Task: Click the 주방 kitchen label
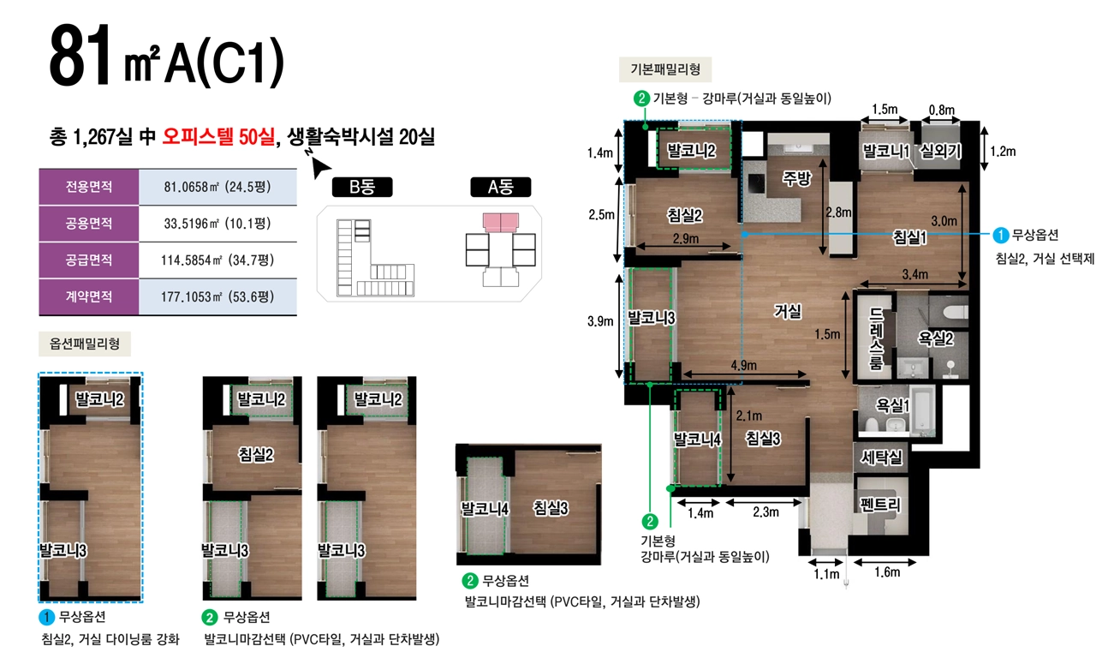tap(797, 177)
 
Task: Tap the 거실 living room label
tap(788, 311)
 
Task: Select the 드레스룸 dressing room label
tap(876, 338)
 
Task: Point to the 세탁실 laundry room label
tap(881, 457)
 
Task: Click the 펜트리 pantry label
tap(880, 504)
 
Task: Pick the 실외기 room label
tap(940, 151)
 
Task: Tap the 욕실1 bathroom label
tap(892, 404)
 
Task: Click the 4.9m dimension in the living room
tap(744, 366)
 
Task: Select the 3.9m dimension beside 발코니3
tap(600, 321)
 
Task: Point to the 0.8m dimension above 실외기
tap(942, 110)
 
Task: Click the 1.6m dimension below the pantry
tap(887, 572)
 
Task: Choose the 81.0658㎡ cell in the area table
tap(217, 187)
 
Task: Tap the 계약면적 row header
tap(89, 296)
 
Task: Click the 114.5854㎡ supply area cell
tap(217, 260)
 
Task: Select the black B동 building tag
tap(362, 187)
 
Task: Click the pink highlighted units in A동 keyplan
tap(501, 223)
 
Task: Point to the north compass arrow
tap(319, 166)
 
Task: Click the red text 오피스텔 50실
tap(218, 136)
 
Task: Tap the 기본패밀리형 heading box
tap(665, 69)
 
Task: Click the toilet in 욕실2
tap(955, 312)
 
